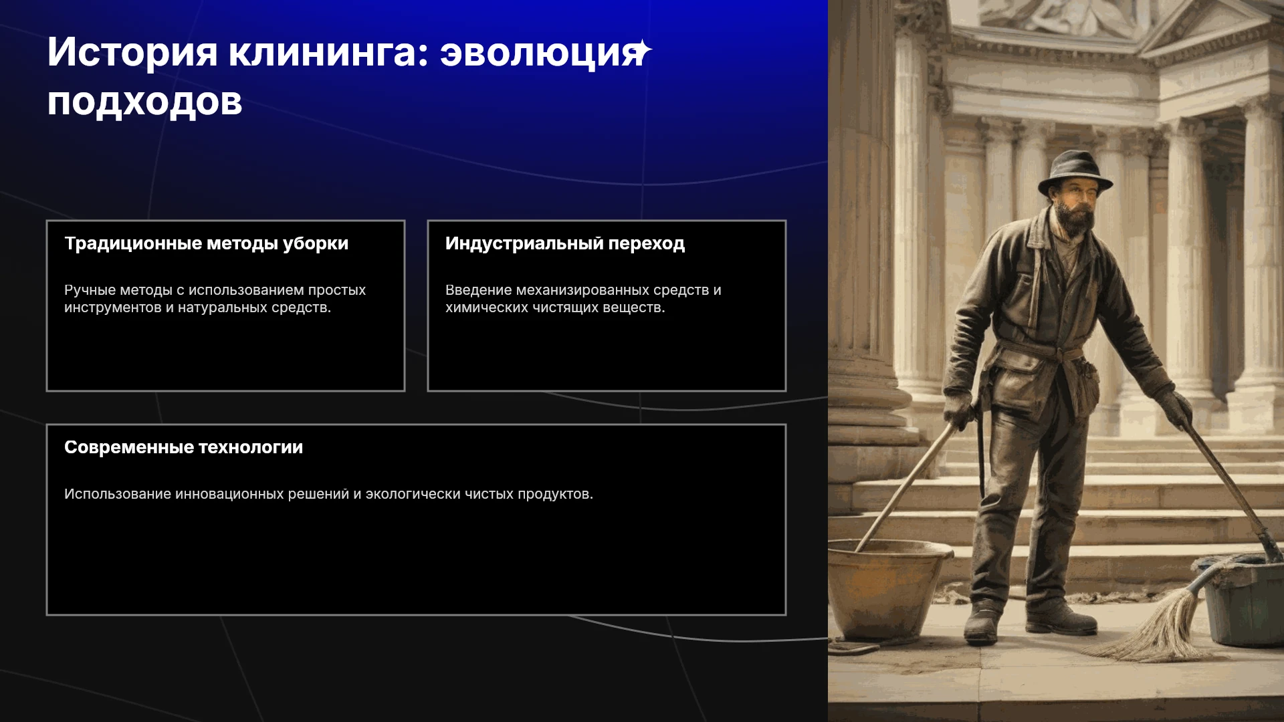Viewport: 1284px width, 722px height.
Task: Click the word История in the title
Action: tap(132, 52)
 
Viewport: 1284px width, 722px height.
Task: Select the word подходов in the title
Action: tap(144, 102)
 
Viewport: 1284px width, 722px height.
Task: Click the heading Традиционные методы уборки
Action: tap(206, 244)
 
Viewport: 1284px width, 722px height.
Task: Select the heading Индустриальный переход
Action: tap(565, 244)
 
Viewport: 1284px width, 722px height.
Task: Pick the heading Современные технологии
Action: tap(183, 447)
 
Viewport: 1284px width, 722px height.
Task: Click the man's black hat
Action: tap(1075, 172)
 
